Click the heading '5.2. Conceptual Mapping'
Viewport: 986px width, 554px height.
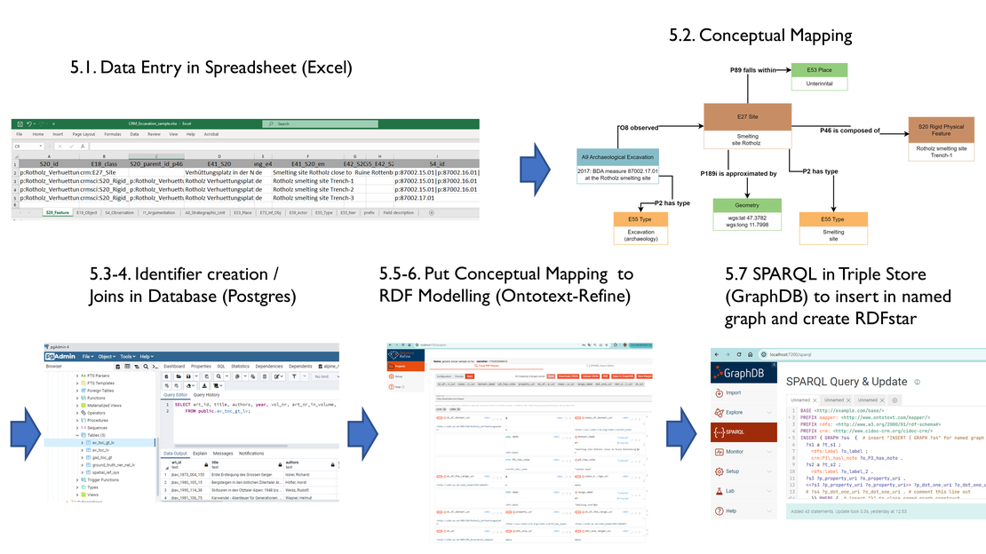click(760, 36)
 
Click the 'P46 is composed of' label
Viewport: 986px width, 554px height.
click(849, 131)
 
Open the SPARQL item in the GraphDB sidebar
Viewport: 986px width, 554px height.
click(741, 432)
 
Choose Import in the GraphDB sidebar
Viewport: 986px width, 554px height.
click(733, 392)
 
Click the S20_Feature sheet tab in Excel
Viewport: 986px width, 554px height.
click(58, 212)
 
